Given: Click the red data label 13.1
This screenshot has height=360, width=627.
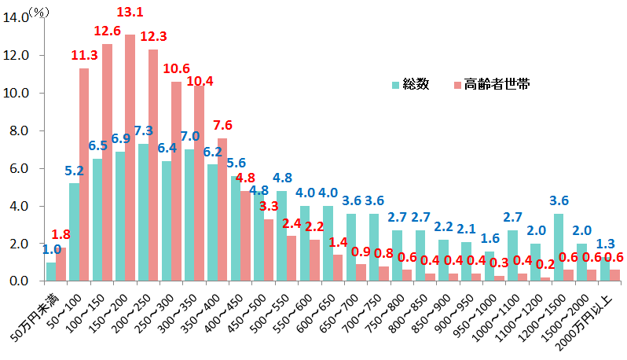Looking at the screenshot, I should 130,13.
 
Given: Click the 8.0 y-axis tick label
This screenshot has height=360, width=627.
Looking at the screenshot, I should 17,130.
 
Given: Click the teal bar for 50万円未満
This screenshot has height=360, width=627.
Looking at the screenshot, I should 51,271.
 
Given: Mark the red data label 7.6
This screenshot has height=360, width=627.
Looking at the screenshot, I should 222,125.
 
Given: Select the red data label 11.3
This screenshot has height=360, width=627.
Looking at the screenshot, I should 85,55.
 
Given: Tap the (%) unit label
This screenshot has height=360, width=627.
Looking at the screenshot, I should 39,10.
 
